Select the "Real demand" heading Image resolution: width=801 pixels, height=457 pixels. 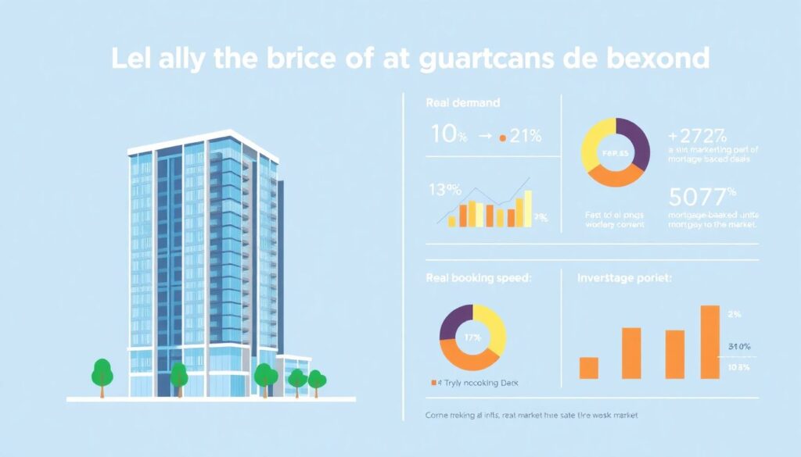[x=463, y=102]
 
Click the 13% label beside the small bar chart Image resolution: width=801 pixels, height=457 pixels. [x=444, y=189]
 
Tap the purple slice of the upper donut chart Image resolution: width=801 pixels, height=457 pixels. [x=635, y=141]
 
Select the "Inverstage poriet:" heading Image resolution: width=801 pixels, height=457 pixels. [x=626, y=278]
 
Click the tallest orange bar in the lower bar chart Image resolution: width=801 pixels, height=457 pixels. [x=709, y=341]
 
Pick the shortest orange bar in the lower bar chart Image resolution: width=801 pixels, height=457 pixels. [x=589, y=368]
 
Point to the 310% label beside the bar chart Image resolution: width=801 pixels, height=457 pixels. [x=739, y=347]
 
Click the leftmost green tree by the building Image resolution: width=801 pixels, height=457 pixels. [x=102, y=373]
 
